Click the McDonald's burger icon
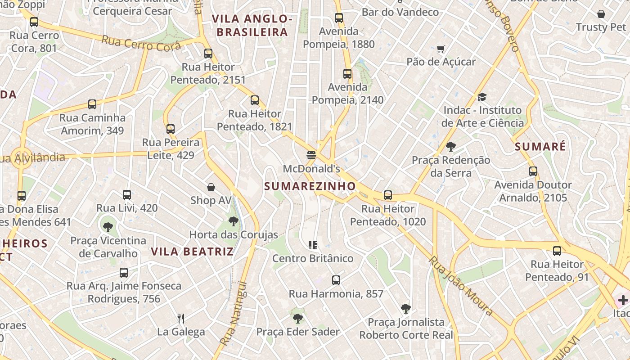311,156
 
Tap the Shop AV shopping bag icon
211,187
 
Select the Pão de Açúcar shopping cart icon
441,49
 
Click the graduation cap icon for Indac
482,97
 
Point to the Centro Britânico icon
313,245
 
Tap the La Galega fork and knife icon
181,319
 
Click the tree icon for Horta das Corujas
233,221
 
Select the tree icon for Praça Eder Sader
297,319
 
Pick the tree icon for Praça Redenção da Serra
450,146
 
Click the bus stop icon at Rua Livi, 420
127,195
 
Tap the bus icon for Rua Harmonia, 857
336,280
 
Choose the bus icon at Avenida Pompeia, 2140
347,74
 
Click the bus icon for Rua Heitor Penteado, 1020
388,195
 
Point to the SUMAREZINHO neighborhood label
310,186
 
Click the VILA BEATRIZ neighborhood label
192,252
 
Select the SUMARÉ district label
540,147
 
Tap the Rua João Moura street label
461,285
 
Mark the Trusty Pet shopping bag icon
601,14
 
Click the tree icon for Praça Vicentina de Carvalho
108,227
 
